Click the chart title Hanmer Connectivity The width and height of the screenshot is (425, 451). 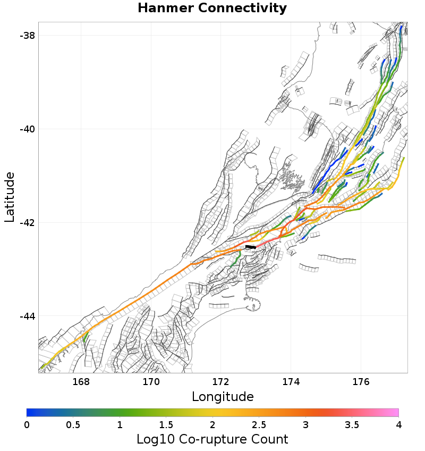(212, 9)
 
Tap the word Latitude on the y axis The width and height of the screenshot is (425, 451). (10, 197)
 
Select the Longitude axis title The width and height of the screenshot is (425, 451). (223, 397)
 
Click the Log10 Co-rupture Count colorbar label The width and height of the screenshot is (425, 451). (212, 439)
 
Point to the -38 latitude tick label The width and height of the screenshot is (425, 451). (27, 36)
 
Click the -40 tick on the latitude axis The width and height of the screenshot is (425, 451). (27, 129)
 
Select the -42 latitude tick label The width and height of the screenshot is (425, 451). (27, 222)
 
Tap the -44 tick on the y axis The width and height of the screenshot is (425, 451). (27, 316)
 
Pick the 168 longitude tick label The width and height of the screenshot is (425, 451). (81, 382)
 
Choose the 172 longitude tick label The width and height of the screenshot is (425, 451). (221, 382)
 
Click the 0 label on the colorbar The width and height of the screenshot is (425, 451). (27, 424)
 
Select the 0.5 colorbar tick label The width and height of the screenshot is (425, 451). (73, 424)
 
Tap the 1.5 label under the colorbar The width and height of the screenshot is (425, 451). (166, 424)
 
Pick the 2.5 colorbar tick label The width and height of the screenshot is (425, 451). (259, 424)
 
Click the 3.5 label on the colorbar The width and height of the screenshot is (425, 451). (352, 424)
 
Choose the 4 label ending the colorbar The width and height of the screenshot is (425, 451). (398, 424)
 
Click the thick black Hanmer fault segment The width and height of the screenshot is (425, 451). (250, 247)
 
